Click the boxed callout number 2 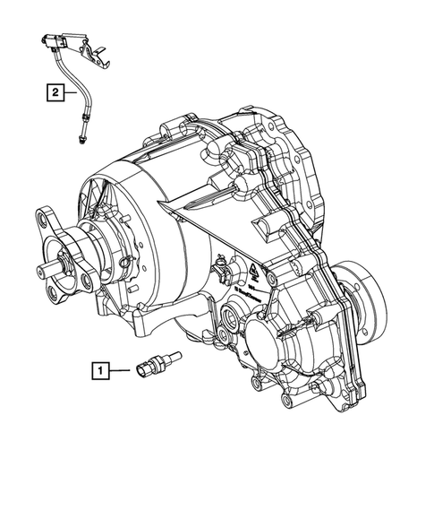pyautogui.click(x=56, y=91)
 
